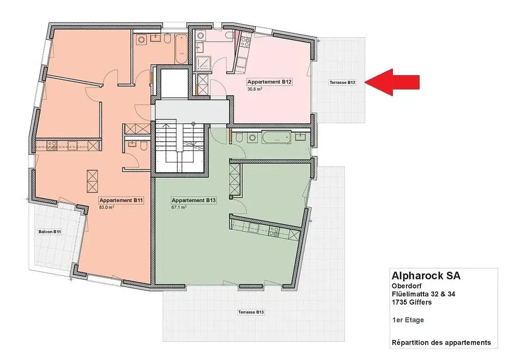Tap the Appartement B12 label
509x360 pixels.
(269, 82)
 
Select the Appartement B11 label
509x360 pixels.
(121, 200)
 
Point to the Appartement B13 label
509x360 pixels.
(193, 200)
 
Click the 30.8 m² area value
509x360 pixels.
(255, 89)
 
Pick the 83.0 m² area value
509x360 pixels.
(106, 207)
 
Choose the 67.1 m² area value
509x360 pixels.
(179, 207)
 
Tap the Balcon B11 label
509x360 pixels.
(50, 232)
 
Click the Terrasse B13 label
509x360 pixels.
(251, 312)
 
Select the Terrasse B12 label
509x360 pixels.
(343, 82)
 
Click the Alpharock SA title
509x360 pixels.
(426, 275)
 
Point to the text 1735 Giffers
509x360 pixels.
(412, 302)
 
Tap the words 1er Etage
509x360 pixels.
(408, 320)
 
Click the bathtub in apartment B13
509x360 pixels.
(277, 139)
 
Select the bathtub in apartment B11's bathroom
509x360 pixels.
(181, 49)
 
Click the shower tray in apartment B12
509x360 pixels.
(204, 63)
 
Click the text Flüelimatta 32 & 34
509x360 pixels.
(423, 294)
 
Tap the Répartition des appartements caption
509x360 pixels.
(441, 343)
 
